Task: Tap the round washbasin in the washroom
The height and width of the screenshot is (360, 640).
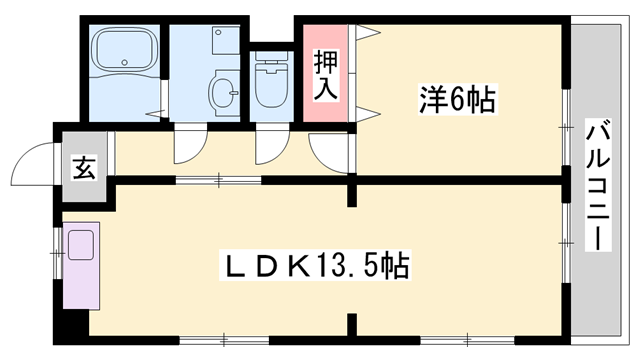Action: [223, 93]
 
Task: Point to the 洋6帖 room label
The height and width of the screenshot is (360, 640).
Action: [457, 99]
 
